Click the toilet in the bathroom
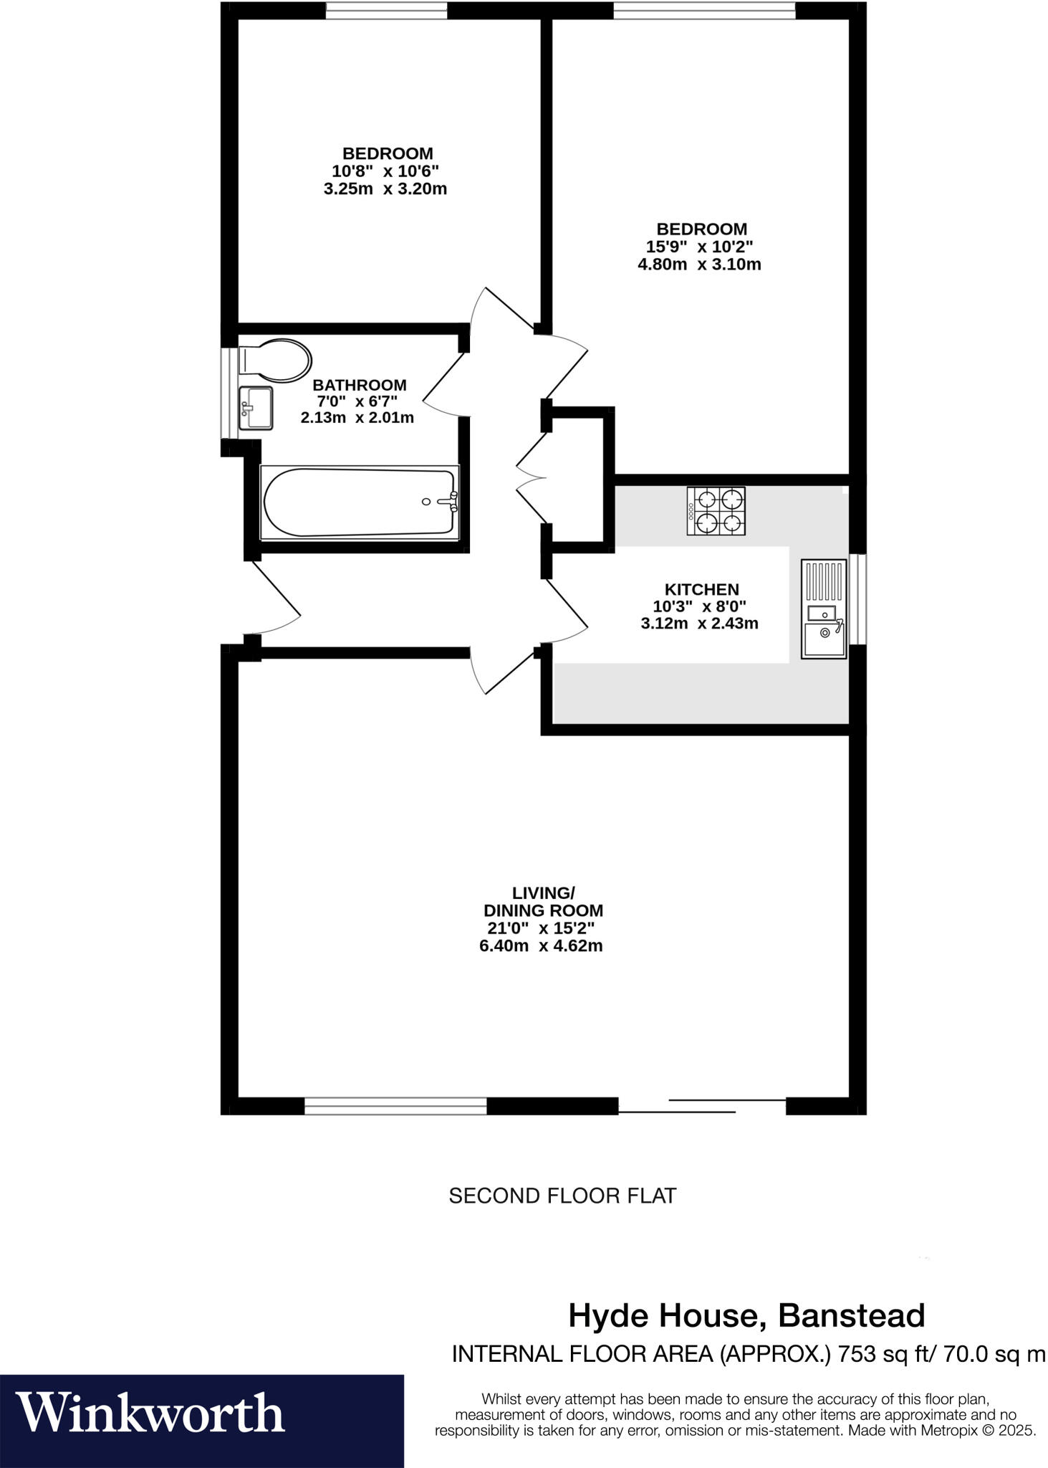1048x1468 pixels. click(x=274, y=361)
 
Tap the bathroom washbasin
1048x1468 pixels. click(x=255, y=408)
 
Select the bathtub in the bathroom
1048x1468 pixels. click(x=359, y=502)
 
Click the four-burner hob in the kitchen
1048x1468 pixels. click(x=716, y=510)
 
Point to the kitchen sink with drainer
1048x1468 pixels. click(x=823, y=609)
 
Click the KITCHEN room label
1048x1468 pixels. click(x=701, y=589)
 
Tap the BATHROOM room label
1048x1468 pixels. click(x=359, y=385)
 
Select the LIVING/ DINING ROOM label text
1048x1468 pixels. click(x=543, y=902)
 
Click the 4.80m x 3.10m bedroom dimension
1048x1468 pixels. click(x=699, y=264)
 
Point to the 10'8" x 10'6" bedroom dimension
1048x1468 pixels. click(x=385, y=171)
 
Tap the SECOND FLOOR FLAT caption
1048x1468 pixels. click(x=562, y=1196)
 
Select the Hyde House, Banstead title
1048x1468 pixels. click(x=746, y=1315)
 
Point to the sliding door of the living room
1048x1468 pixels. click(x=702, y=1105)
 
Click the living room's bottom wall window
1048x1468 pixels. click(x=395, y=1106)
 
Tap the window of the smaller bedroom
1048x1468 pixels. click(x=386, y=10)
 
